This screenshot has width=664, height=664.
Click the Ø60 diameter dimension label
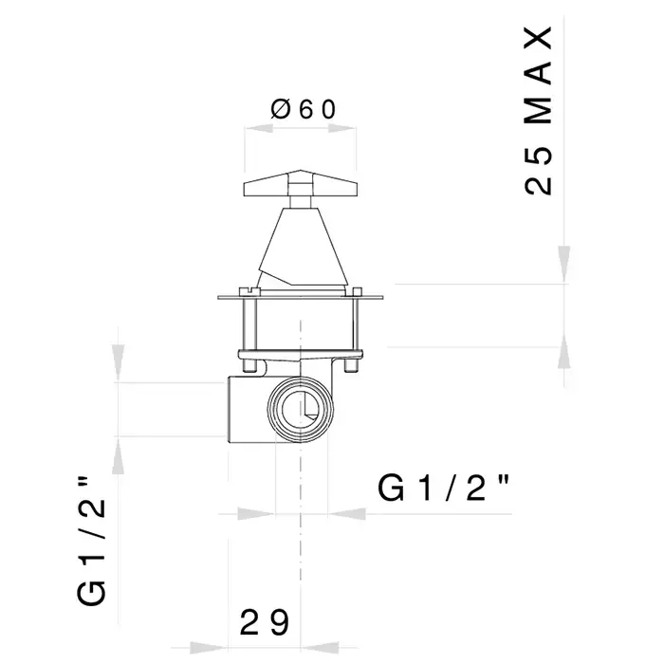(x=304, y=110)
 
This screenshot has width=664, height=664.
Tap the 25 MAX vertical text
(x=539, y=111)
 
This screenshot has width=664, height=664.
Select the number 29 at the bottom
(x=265, y=622)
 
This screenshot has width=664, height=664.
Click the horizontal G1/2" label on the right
(x=443, y=489)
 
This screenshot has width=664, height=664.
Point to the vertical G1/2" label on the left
(x=91, y=542)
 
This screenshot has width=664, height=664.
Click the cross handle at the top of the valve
(x=301, y=184)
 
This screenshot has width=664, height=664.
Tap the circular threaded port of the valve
(x=301, y=409)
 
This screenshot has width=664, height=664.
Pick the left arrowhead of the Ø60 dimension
(x=259, y=128)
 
